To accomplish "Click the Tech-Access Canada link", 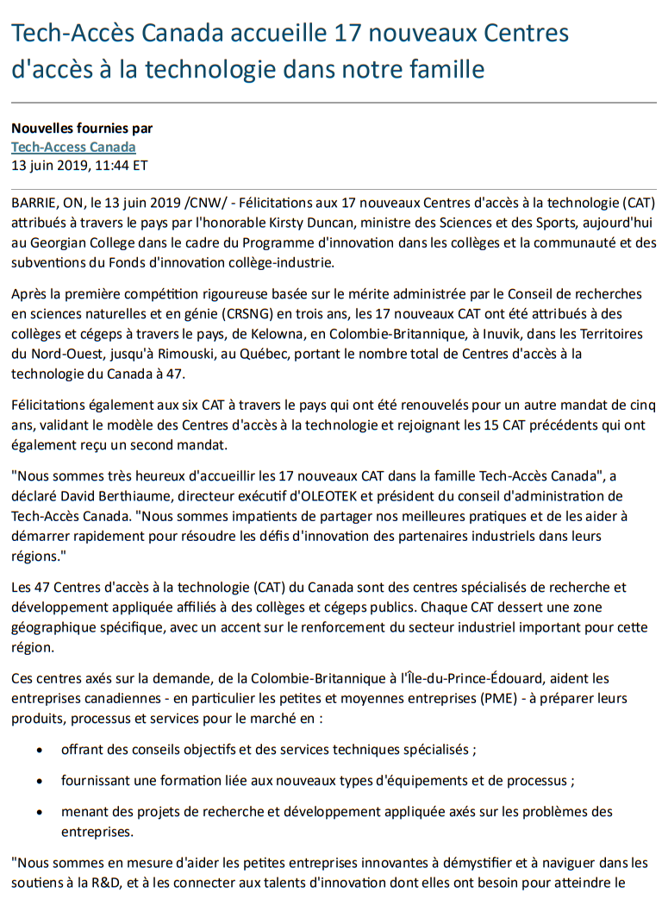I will coord(73,147).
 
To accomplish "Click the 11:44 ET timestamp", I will coord(114,165).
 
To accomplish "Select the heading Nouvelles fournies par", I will coord(82,129).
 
